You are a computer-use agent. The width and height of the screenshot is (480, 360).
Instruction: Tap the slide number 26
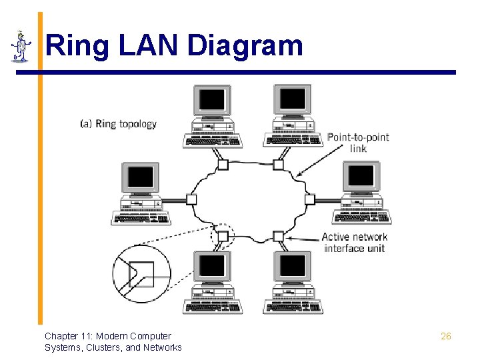[x=446, y=336]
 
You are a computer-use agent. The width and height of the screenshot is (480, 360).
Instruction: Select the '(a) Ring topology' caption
[x=118, y=124]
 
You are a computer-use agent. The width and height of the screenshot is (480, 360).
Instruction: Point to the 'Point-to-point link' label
[x=357, y=143]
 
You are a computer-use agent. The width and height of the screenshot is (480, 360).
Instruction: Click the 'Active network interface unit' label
[x=354, y=242]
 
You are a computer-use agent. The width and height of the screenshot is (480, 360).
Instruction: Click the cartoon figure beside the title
[x=21, y=47]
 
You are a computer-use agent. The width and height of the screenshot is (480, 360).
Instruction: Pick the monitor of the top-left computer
[x=213, y=101]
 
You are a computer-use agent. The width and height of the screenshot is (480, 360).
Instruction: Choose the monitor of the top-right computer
[x=293, y=101]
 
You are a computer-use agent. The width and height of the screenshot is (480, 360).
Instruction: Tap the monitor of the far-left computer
[x=141, y=178]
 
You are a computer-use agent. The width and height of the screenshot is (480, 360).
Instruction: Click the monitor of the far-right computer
[x=361, y=177]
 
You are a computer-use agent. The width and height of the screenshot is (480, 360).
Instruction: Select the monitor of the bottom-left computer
[x=213, y=267]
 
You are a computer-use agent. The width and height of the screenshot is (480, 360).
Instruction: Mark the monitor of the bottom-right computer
[x=293, y=267]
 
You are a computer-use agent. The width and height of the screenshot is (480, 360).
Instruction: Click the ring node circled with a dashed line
[x=223, y=235]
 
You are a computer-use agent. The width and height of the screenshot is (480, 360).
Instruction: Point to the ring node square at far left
[x=191, y=199]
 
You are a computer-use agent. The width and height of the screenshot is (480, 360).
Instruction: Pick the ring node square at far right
[x=309, y=199]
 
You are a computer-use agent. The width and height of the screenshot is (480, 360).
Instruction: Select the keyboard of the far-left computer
[x=141, y=219]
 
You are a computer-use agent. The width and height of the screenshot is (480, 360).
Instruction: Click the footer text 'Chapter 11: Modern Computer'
[x=108, y=336]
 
